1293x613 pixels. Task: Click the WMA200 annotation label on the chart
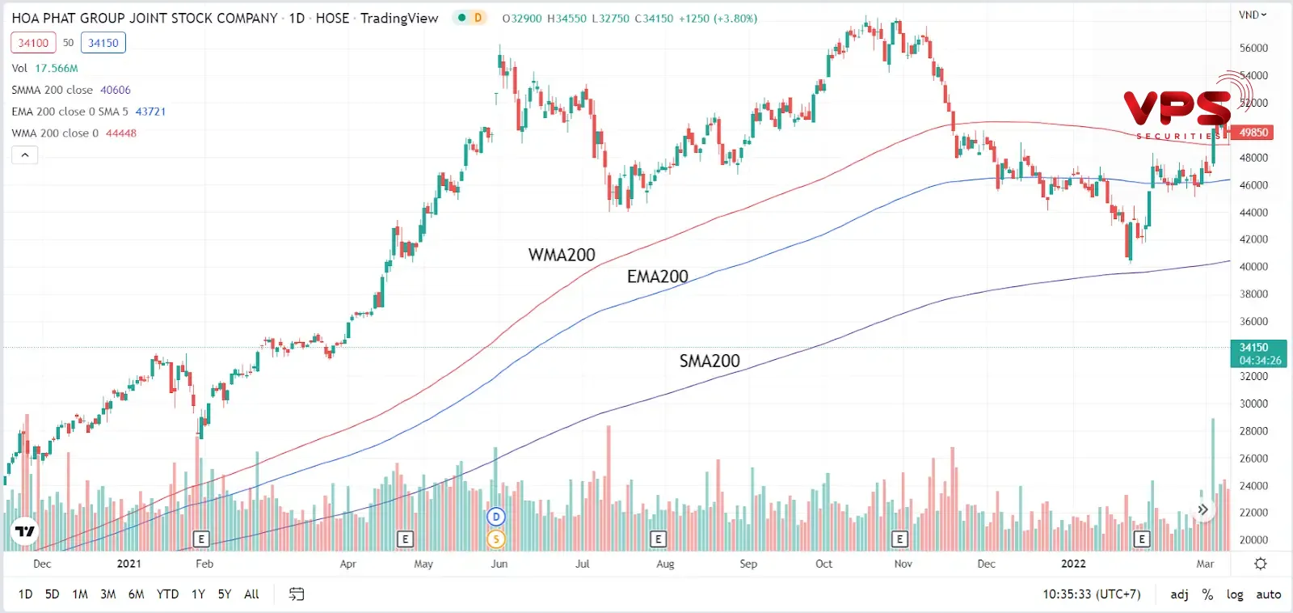562,255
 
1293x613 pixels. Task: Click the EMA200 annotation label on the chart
657,277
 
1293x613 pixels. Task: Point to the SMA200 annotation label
709,361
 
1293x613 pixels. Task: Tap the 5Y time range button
225,594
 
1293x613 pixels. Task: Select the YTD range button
167,594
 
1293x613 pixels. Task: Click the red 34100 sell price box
33,43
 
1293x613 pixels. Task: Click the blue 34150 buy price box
103,43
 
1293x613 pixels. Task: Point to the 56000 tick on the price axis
1253,49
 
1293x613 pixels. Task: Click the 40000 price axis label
1253,267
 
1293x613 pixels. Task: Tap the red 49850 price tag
1253,133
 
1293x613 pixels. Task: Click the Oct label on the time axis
823,564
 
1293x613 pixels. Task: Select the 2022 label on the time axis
1073,564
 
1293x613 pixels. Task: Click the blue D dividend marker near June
496,517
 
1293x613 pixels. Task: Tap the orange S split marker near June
496,539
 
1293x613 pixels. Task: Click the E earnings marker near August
658,539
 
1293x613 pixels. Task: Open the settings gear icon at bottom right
1260,564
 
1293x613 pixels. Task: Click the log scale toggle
1235,594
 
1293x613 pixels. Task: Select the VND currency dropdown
1253,15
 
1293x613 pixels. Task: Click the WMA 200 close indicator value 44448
121,133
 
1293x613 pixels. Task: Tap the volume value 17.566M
57,69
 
